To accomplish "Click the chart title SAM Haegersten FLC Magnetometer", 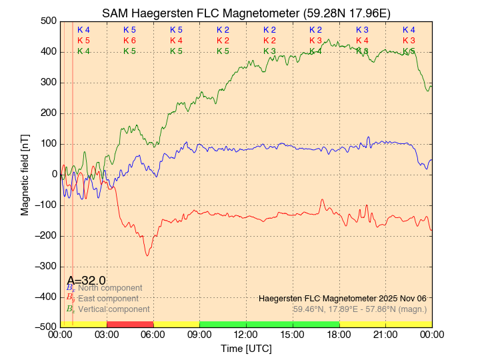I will click(x=246, y=13).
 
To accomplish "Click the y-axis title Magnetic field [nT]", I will click(x=25, y=173).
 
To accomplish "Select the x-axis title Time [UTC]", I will click(x=246, y=349).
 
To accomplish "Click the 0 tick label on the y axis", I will click(x=55, y=174).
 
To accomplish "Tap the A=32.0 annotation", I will click(x=86, y=281).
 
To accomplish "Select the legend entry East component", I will click(x=108, y=299).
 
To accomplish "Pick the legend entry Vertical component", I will click(x=113, y=309).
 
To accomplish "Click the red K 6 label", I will click(x=129, y=41).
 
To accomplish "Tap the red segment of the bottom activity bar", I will click(x=130, y=324).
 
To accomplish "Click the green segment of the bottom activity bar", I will click(x=269, y=324).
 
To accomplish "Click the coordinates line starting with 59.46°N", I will click(x=359, y=309).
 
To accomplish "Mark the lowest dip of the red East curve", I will click(x=147, y=255).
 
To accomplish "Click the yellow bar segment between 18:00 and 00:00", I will click(x=385, y=324).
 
